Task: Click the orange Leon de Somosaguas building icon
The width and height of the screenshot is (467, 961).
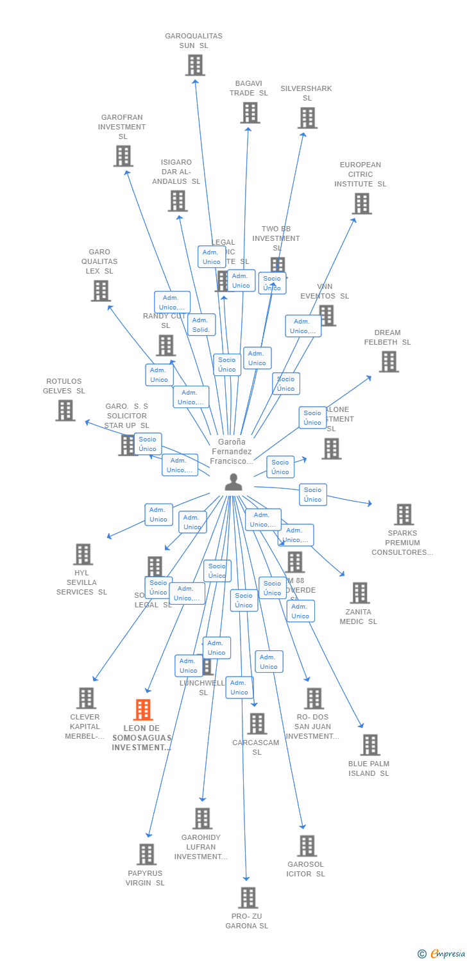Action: (x=143, y=710)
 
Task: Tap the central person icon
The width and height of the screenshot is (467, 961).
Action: (x=234, y=482)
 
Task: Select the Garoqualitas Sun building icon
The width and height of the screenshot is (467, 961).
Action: (x=195, y=65)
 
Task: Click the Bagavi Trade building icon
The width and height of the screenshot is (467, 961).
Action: (x=250, y=113)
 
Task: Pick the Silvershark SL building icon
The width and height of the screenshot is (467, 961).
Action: (x=307, y=118)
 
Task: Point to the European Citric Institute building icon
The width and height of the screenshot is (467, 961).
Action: (x=362, y=204)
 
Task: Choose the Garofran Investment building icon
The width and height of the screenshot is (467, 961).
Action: (x=123, y=156)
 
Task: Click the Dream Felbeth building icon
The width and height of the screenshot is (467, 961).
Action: (x=388, y=362)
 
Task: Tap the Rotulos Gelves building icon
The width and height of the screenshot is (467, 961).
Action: (x=65, y=411)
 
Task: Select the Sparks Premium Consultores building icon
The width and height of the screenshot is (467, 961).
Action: (x=403, y=514)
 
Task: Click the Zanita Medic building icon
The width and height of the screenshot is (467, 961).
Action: (x=360, y=593)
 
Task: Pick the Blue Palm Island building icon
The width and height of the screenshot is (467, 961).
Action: (x=370, y=745)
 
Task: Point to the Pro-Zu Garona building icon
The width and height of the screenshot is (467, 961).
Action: (x=248, y=898)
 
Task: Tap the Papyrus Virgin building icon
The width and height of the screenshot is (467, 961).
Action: (x=146, y=855)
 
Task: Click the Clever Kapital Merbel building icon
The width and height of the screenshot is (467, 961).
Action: (x=86, y=698)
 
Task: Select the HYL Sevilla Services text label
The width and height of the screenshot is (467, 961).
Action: (x=81, y=582)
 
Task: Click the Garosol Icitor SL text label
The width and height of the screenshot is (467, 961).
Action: (x=306, y=869)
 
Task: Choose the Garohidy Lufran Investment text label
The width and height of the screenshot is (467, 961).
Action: (x=201, y=847)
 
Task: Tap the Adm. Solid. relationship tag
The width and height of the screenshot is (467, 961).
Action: (x=201, y=325)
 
